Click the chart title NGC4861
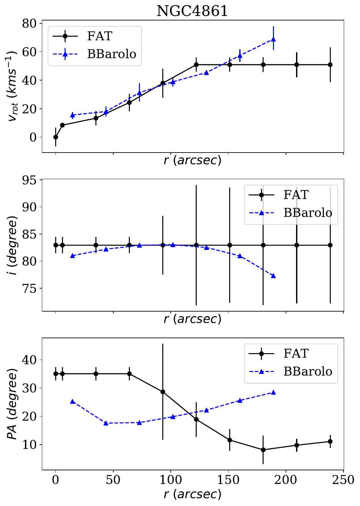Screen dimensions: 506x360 tap(192, 11)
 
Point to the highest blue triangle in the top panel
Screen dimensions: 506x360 tap(273, 40)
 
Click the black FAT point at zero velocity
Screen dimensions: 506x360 tap(56, 137)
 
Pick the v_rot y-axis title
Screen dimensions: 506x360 tap(13, 88)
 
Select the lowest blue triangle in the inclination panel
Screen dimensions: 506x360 tap(273, 276)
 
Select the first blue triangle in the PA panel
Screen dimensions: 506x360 tap(73, 401)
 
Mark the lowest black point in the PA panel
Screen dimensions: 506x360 tap(263, 450)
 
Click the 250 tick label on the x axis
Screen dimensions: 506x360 tap(343, 479)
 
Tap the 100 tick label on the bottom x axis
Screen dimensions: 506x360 tap(170, 479)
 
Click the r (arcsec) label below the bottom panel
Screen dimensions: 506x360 tap(192, 494)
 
